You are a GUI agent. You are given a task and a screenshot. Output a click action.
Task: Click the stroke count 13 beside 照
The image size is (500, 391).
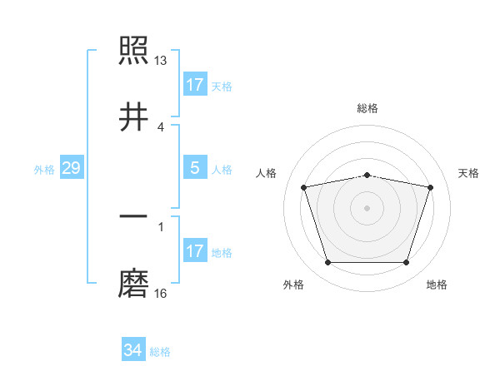pyautogui.click(x=161, y=60)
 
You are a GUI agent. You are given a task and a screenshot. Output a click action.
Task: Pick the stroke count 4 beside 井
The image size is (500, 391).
pyautogui.click(x=161, y=126)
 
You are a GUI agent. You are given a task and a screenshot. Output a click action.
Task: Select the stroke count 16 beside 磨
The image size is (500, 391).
pyautogui.click(x=161, y=293)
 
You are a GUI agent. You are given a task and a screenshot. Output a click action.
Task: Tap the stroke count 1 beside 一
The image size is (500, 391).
pyautogui.click(x=161, y=226)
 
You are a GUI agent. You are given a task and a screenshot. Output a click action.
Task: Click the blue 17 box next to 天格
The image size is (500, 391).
pyautogui.click(x=195, y=85)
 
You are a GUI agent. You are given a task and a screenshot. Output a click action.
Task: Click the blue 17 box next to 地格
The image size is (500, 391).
pyautogui.click(x=195, y=251)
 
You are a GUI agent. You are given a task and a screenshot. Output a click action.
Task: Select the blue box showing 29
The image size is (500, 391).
pyautogui.click(x=72, y=169)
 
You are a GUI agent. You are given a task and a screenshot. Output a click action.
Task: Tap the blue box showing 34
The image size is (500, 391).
pyautogui.click(x=133, y=350)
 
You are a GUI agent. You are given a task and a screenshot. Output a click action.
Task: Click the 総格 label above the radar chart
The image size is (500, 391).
pyautogui.click(x=367, y=108)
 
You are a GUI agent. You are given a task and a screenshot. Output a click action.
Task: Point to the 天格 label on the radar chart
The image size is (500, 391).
pyautogui.click(x=469, y=173)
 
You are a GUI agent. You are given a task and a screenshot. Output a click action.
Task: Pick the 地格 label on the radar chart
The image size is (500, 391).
pyautogui.click(x=437, y=285)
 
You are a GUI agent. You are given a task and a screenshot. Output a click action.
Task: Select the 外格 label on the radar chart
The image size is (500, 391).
pyautogui.click(x=293, y=285)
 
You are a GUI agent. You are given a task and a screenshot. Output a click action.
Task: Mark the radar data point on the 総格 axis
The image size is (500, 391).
pyautogui.click(x=367, y=175)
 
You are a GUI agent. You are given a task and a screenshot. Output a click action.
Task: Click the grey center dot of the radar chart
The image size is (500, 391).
pyautogui.click(x=367, y=207)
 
